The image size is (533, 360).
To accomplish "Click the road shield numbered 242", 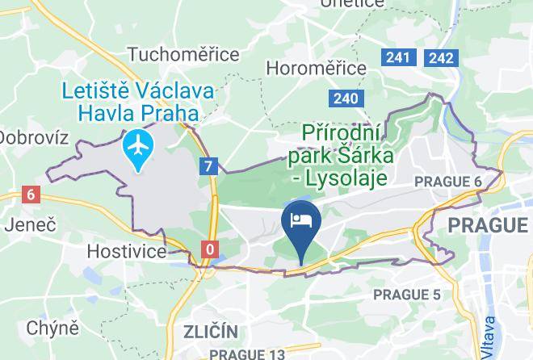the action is tap(442, 57).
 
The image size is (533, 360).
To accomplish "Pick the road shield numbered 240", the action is tap(344, 98).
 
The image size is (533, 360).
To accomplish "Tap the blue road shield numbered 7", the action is tap(210, 167).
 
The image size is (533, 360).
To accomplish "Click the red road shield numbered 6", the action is tap(31, 195).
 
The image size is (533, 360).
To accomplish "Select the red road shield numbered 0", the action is tap(210, 249).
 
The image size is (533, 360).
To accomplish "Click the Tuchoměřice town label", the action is tap(183, 54).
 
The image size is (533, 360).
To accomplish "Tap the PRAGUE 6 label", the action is tap(447, 182).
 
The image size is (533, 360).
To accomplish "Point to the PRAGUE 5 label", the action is tap(407, 295).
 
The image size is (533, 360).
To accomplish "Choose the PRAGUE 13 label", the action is tap(247, 354).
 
